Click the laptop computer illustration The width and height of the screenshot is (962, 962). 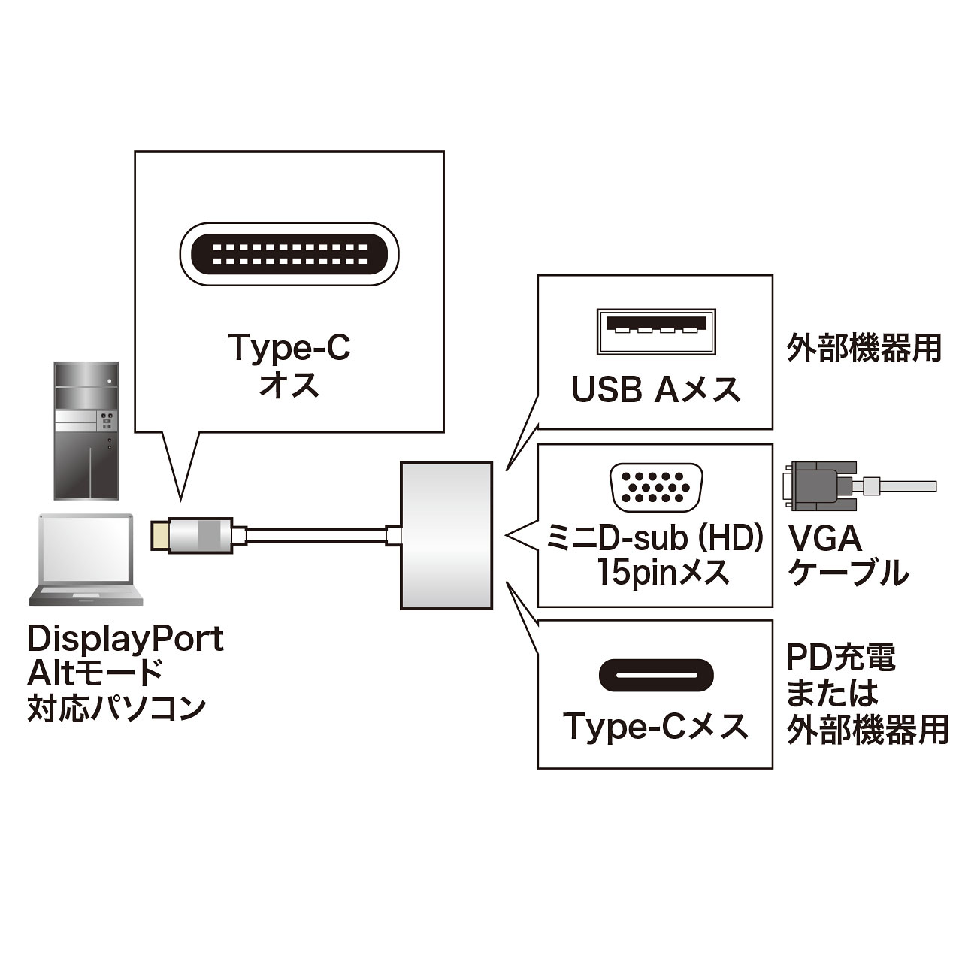pos(85,560)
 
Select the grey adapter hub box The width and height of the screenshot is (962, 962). pos(446,534)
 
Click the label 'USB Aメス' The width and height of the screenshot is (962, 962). pos(656,389)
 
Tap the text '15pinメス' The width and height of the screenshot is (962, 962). pos(664,573)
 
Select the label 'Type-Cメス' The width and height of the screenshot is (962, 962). pos(655,726)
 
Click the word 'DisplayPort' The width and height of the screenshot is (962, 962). pos(126,640)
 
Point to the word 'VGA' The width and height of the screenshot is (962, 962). pos(824,538)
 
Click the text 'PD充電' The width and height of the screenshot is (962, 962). pos(841,657)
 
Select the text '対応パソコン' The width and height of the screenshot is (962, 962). pos(116,707)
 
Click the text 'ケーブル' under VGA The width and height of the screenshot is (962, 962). pos(847,573)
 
